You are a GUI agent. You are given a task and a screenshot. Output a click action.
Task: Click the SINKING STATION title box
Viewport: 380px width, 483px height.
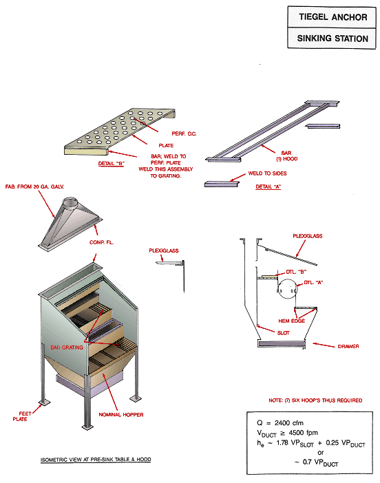tap(332, 39)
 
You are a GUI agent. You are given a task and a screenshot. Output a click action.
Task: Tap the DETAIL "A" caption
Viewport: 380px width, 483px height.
tap(269, 186)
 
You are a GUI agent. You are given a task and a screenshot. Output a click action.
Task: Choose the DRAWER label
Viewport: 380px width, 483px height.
tap(348, 346)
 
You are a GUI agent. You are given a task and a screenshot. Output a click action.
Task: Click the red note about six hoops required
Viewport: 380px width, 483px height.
tap(315, 400)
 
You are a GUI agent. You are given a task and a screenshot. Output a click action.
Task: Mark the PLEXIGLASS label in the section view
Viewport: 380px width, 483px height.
tap(308, 236)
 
